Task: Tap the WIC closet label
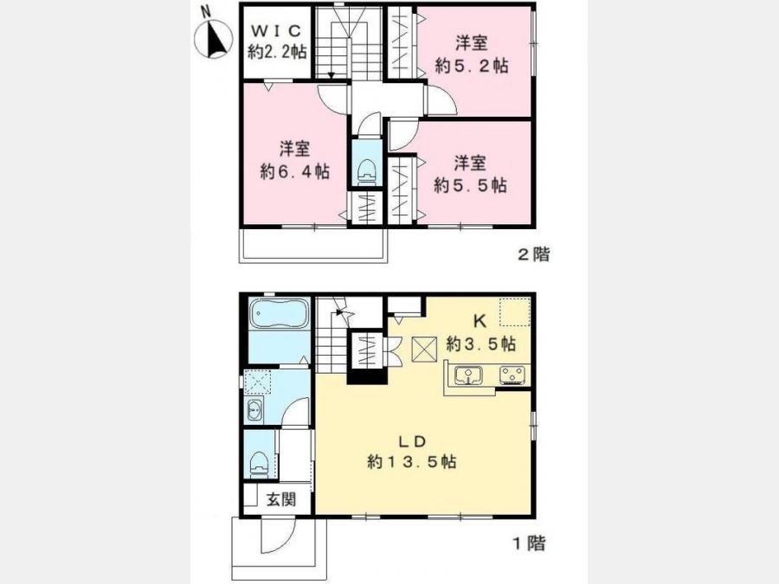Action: (276, 31)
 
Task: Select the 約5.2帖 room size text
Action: (472, 66)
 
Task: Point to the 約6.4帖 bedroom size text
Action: (294, 171)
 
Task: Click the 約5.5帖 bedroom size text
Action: (470, 185)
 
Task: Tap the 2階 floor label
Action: (534, 254)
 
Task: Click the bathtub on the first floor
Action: (280, 312)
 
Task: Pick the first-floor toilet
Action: (260, 464)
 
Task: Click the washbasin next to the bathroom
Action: (254, 411)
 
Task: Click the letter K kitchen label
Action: (480, 321)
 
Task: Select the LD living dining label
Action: (412, 440)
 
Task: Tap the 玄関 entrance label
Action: (281, 499)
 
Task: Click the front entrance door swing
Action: (279, 536)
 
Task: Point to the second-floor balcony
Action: (313, 244)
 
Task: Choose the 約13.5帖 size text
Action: (412, 462)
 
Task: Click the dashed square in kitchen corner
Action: (515, 311)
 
